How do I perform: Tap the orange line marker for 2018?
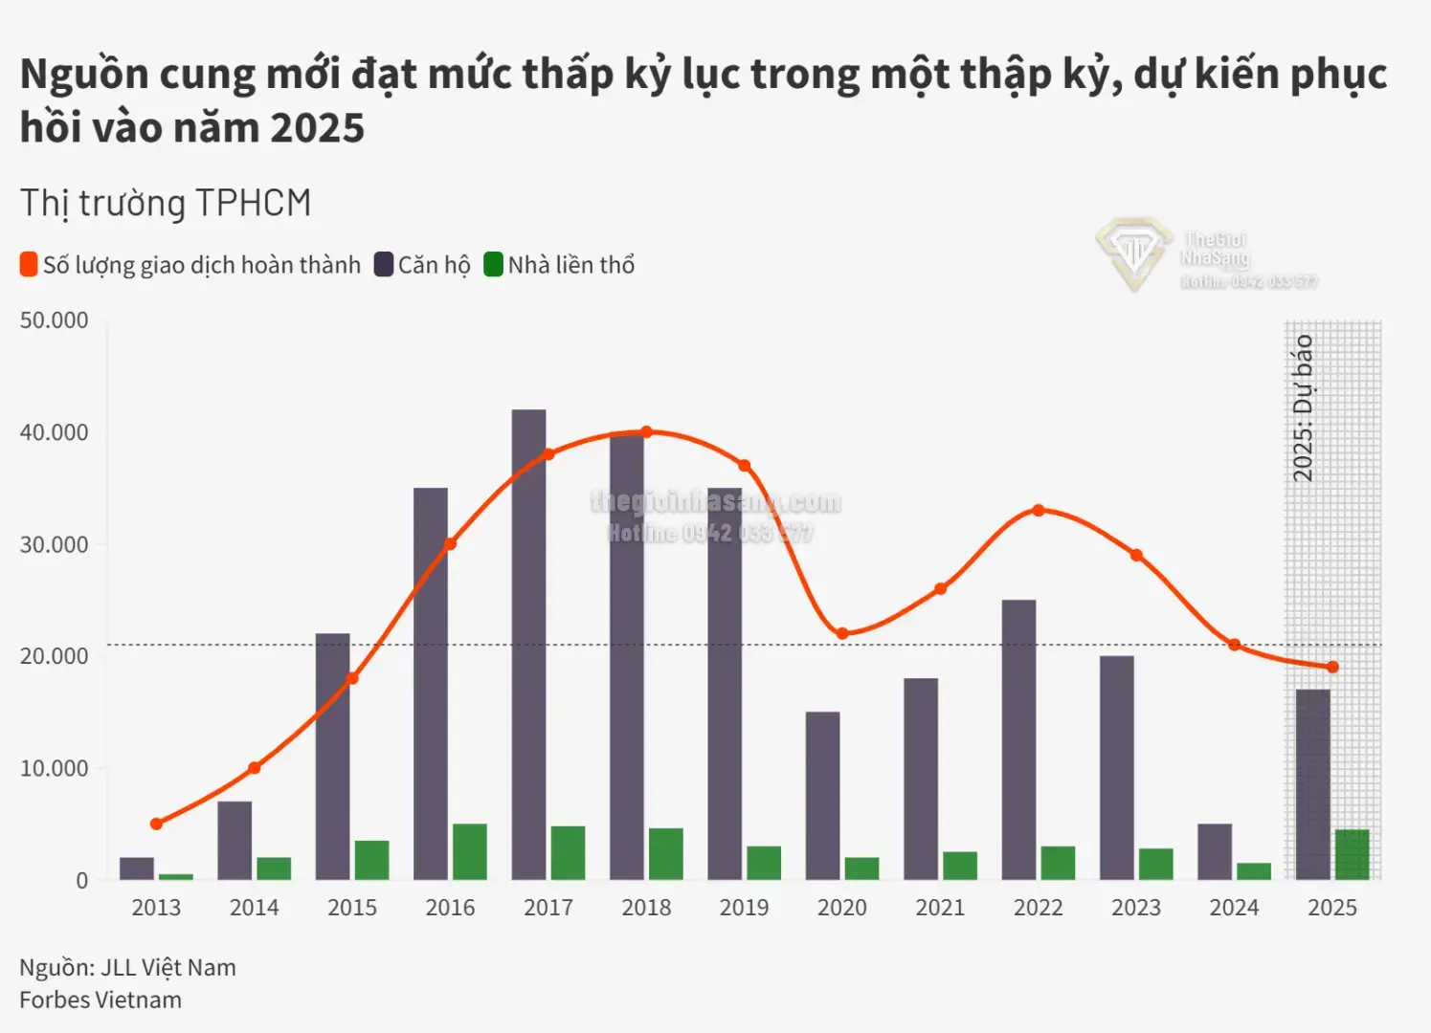646,432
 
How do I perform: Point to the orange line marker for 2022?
1039,511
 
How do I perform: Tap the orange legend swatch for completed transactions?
29,265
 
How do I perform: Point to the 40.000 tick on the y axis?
54,432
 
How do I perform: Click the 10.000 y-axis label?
54,768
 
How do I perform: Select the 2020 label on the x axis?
841,908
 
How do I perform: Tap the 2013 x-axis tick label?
156,908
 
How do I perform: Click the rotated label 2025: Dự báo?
1303,408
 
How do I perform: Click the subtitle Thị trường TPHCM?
166,204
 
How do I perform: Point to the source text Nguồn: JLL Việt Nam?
127,968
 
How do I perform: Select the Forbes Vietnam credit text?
101,1000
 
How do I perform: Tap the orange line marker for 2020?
842,633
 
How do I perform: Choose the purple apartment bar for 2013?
137,868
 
